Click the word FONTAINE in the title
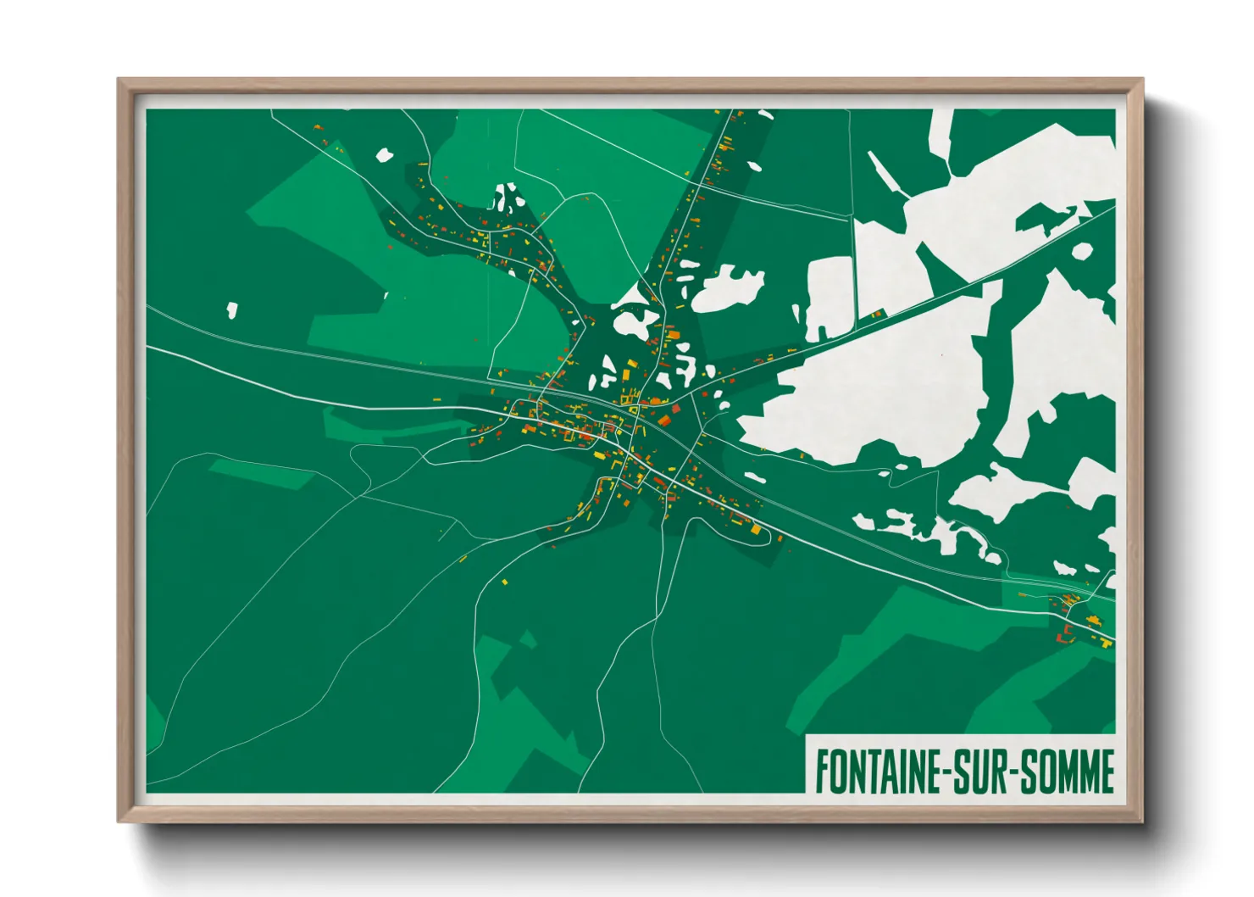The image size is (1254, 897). (878, 772)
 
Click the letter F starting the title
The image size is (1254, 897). (822, 772)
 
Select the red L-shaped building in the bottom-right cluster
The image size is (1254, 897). (1107, 644)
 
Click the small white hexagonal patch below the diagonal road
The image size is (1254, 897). (1082, 251)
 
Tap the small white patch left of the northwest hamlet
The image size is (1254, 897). (385, 155)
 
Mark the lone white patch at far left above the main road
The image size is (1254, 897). (231, 310)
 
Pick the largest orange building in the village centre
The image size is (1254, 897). (665, 421)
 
